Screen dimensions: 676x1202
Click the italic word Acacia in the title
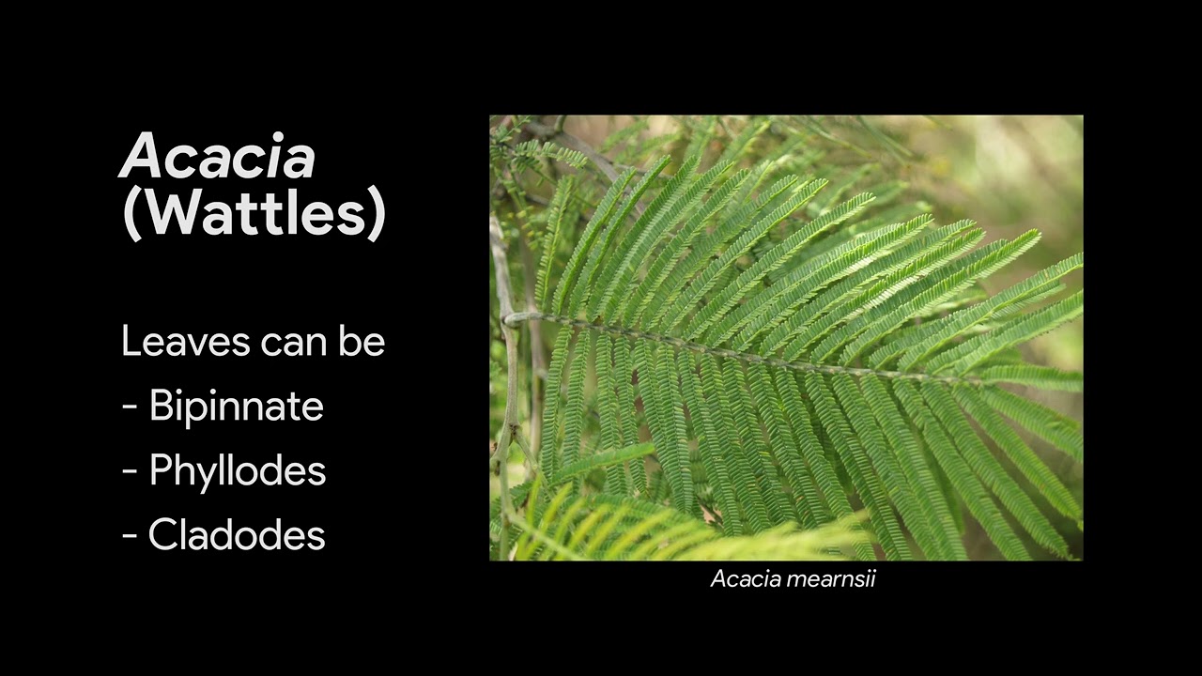(x=217, y=156)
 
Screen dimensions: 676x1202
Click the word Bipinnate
(x=236, y=407)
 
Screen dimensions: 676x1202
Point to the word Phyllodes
(x=237, y=470)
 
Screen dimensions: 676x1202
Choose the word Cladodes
(x=236, y=535)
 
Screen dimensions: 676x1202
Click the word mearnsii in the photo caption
(x=831, y=579)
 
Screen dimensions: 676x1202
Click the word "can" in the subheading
(x=289, y=343)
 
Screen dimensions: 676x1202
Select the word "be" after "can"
(x=362, y=342)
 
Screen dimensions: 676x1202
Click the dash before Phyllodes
(x=131, y=472)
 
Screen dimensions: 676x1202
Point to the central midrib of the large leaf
(x=751, y=354)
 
